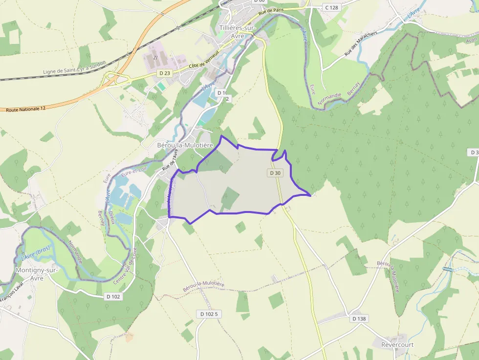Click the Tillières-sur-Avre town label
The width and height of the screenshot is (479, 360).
click(238, 32)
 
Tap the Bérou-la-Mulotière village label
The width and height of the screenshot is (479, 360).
click(185, 145)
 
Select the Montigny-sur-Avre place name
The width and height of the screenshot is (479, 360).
click(37, 274)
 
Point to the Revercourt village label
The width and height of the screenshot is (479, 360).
click(397, 344)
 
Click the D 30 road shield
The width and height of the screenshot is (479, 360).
click(275, 173)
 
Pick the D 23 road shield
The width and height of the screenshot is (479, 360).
click(164, 73)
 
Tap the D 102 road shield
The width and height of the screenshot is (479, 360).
click(113, 296)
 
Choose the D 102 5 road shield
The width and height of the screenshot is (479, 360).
click(209, 314)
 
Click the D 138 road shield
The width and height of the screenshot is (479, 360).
click(359, 318)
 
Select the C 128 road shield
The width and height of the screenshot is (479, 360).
click(331, 7)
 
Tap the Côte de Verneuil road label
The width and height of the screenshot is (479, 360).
click(202, 63)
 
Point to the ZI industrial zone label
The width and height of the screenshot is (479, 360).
click(155, 58)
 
